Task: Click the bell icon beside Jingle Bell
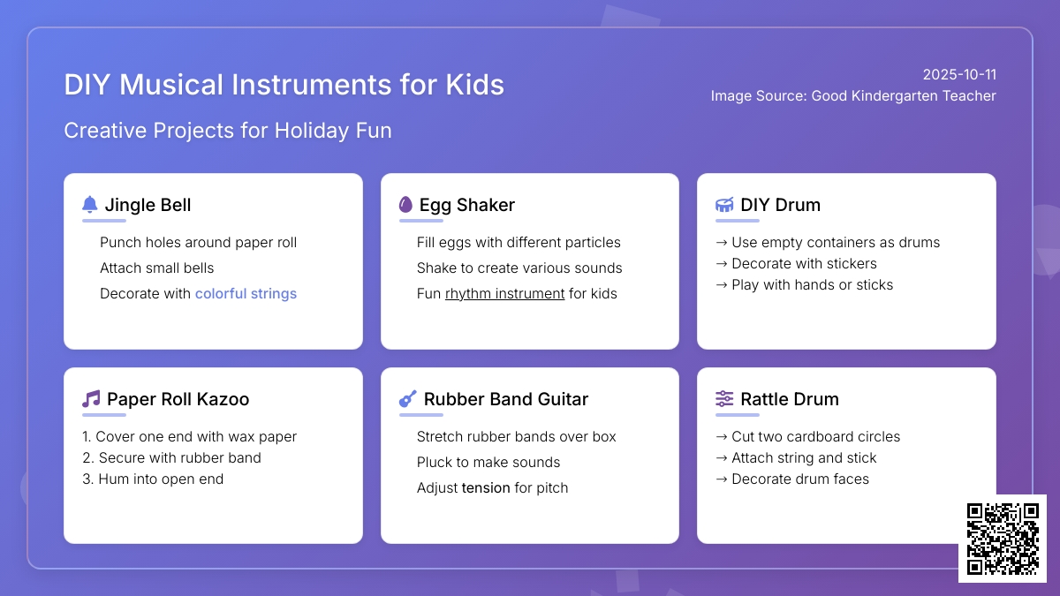89,204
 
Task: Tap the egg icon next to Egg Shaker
405,204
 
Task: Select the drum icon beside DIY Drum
724,205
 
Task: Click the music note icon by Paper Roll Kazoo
91,399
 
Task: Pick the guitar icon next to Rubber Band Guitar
407,399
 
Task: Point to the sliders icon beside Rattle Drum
724,399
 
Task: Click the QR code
1003,539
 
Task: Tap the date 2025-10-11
959,75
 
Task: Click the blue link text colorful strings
246,294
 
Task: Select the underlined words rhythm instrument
504,294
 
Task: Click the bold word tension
486,487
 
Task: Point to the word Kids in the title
474,85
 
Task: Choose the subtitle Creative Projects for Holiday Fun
228,131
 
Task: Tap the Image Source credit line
853,96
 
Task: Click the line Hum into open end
153,479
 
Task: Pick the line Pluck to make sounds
488,462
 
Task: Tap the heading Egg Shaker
466,205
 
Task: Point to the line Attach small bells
156,268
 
